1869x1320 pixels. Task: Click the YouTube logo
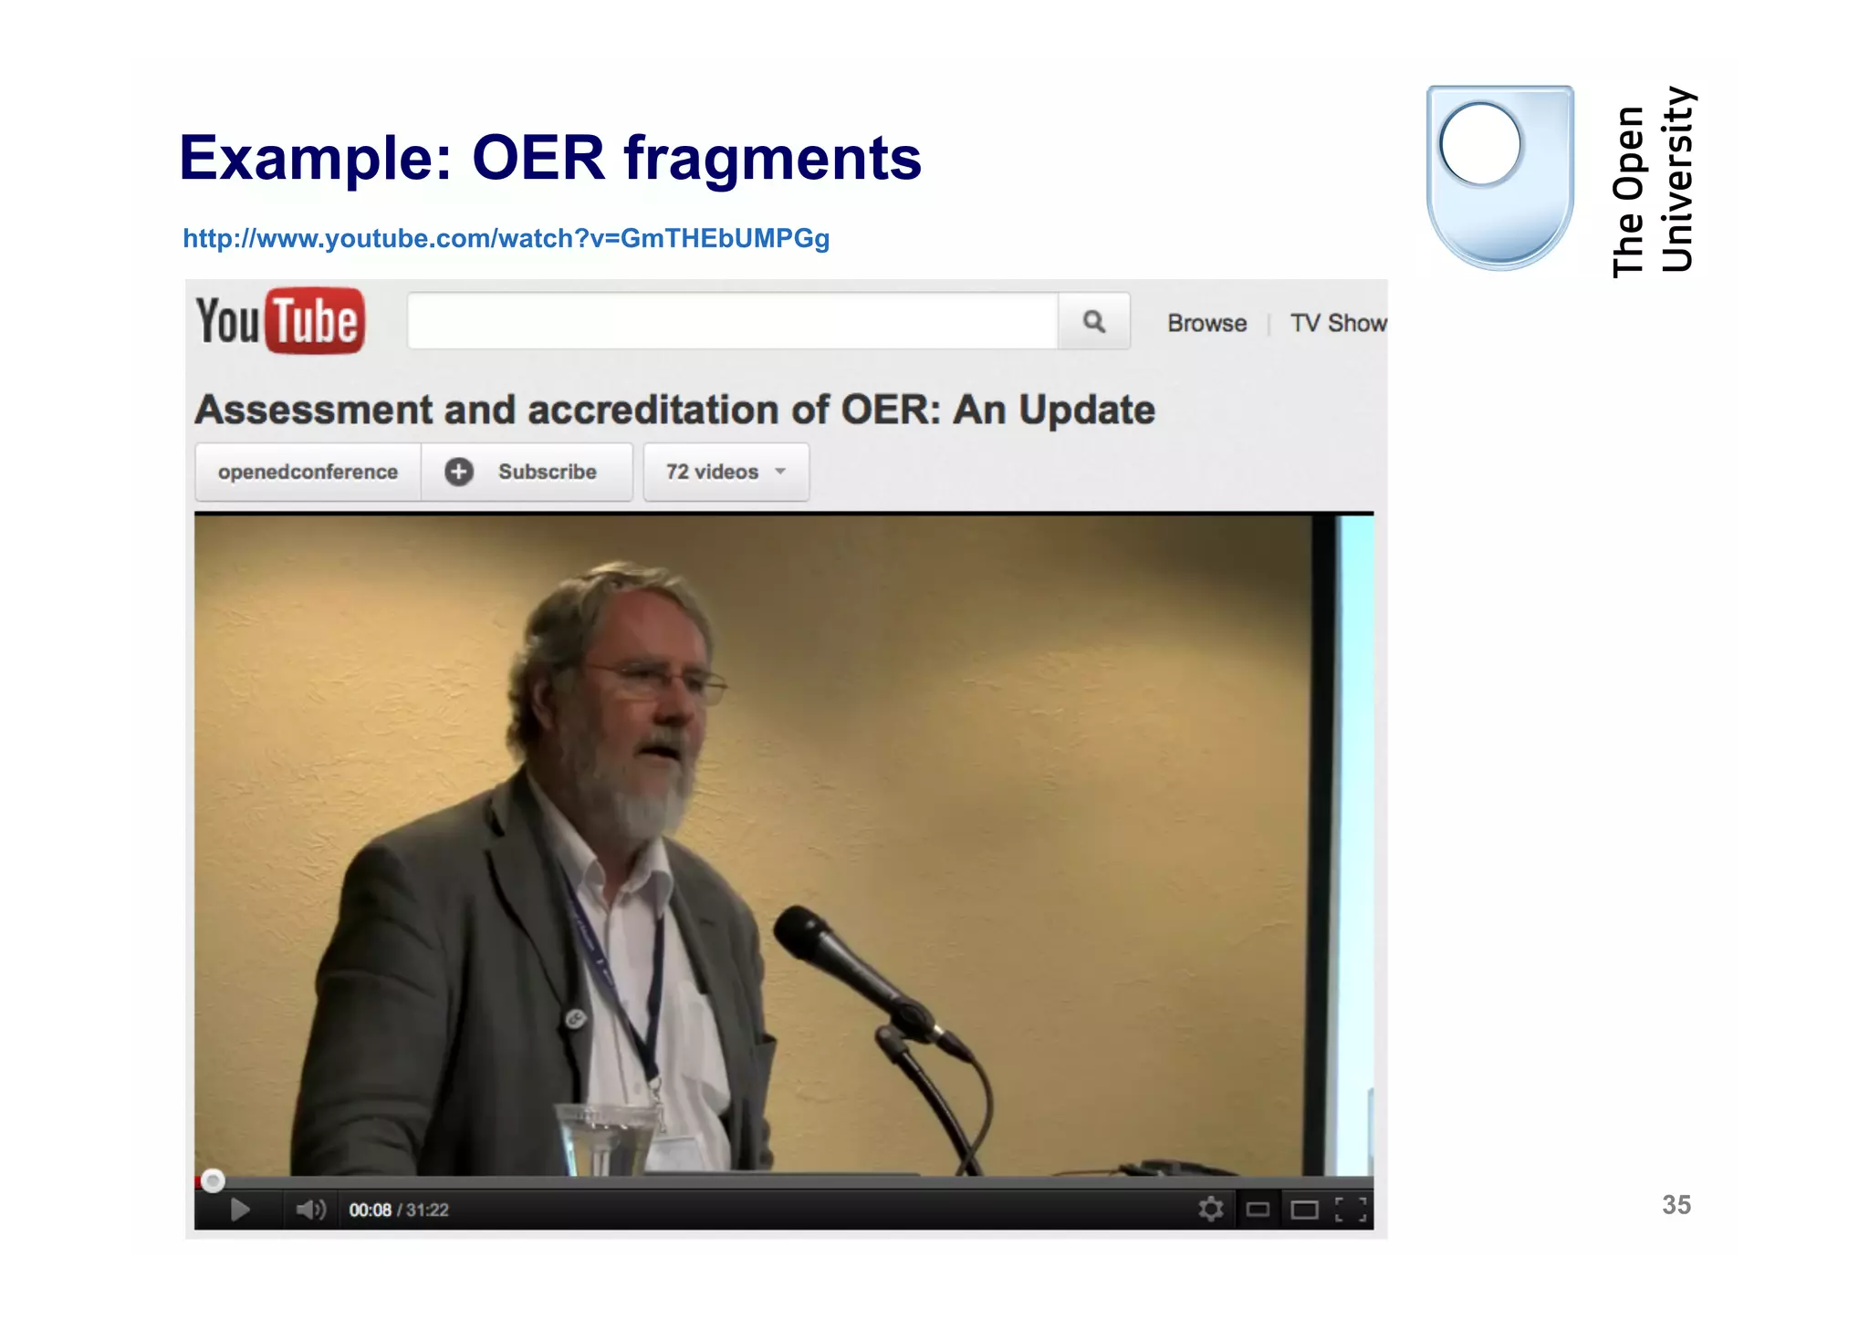click(x=280, y=321)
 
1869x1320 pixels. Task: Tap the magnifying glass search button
click(x=1093, y=321)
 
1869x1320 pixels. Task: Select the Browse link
click(x=1206, y=323)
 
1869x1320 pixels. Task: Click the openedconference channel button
click(x=308, y=472)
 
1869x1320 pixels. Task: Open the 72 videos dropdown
click(x=726, y=472)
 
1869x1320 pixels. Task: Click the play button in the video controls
click(x=240, y=1210)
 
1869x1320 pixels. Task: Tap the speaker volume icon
click(x=309, y=1210)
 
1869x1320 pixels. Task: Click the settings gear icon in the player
click(x=1210, y=1210)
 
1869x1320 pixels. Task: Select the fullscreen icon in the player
click(x=1351, y=1210)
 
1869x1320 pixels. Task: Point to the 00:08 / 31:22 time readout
click(x=399, y=1210)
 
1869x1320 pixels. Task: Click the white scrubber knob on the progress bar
click(x=213, y=1181)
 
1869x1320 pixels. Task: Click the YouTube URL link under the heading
click(x=506, y=238)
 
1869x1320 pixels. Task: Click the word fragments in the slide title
click(x=772, y=158)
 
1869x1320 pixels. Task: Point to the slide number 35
click(x=1676, y=1205)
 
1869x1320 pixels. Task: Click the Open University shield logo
click(x=1499, y=178)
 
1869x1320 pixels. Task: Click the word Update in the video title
click(x=1086, y=410)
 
